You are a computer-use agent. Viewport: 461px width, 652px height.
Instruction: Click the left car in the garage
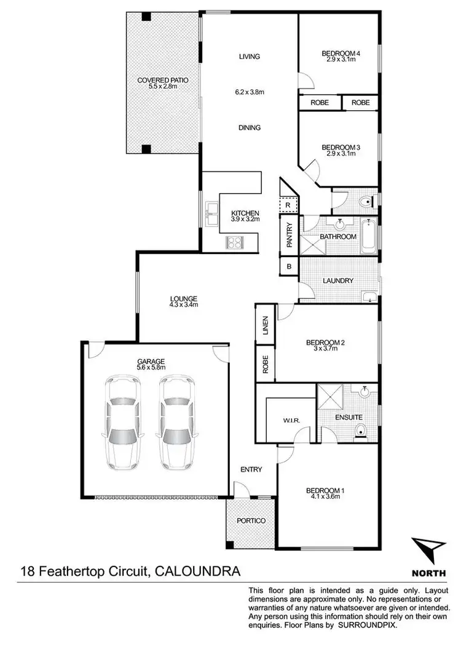(122, 421)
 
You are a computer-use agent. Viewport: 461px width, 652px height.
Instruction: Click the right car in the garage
(176, 421)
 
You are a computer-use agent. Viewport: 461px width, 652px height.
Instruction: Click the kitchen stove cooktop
(235, 242)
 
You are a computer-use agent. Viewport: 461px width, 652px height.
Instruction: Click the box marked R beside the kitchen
(288, 205)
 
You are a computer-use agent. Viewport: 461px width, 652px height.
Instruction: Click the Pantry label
(289, 234)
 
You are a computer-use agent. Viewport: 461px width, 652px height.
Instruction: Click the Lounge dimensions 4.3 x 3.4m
(184, 304)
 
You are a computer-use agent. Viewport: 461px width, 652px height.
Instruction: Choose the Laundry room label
(339, 280)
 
